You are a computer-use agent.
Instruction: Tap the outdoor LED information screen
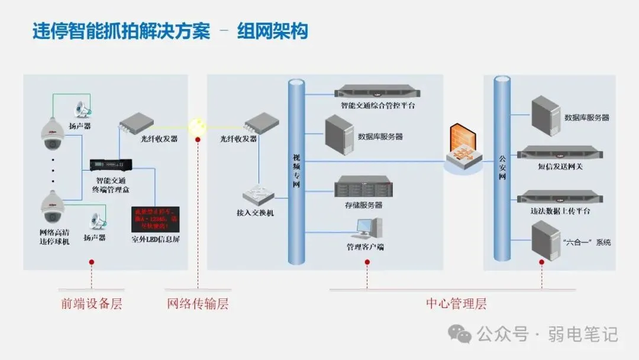pos(155,218)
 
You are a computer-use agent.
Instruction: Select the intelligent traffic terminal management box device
pos(111,165)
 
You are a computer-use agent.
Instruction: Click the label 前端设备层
pos(92,304)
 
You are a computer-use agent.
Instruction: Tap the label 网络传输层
pos(198,304)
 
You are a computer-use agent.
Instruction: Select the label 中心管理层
pos(456,304)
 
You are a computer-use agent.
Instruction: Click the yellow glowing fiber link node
pos(196,126)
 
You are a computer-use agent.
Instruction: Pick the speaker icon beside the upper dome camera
pos(82,110)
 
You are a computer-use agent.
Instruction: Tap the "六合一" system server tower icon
pos(545,240)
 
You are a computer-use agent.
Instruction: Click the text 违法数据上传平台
pos(560,211)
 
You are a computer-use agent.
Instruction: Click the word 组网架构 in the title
pos(273,31)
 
